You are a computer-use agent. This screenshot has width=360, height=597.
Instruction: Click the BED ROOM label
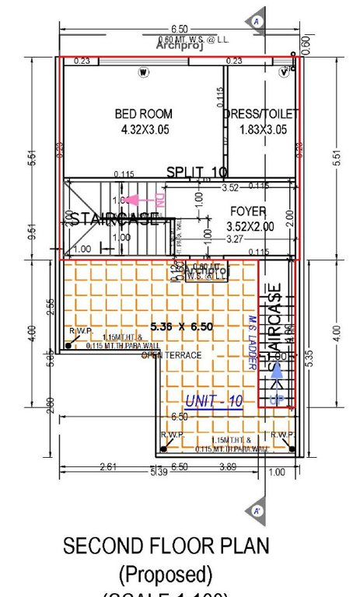[143, 114]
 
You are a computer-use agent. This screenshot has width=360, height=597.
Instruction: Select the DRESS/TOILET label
[260, 114]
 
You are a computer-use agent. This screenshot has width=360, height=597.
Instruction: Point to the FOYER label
[248, 211]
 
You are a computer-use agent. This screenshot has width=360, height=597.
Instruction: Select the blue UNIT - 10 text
[214, 400]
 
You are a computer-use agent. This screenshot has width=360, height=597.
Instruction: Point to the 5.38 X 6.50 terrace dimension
[181, 326]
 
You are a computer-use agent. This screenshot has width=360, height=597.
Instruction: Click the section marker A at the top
[256, 23]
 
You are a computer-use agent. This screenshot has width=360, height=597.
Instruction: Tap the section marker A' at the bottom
[256, 511]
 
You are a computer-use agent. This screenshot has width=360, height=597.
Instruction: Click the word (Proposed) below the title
[165, 575]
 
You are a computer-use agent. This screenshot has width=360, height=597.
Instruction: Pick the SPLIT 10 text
[197, 172]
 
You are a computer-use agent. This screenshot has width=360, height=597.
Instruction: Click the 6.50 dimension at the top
[178, 28]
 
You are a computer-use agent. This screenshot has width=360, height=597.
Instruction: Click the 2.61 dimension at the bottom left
[109, 466]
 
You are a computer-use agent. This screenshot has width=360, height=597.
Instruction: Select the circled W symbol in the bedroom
[143, 73]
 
